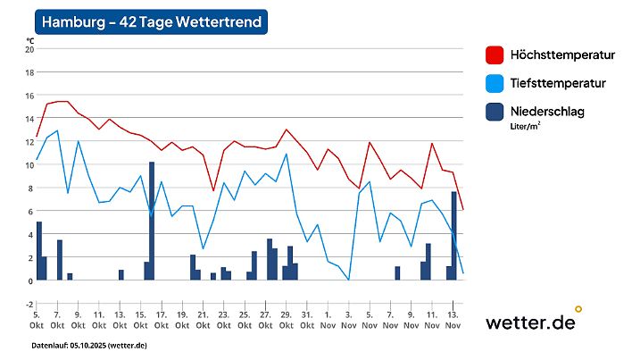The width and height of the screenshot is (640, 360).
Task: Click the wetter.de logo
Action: click(x=530, y=322)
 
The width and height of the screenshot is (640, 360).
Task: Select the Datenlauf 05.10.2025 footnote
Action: click(x=89, y=345)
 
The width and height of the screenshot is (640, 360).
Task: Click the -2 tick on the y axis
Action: click(x=29, y=304)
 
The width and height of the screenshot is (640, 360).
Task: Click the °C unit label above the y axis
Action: click(x=30, y=39)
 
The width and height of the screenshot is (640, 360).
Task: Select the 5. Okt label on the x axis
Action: click(x=36, y=320)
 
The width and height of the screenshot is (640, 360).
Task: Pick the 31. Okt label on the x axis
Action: click(x=306, y=320)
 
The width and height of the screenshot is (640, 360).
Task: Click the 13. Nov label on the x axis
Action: click(x=453, y=320)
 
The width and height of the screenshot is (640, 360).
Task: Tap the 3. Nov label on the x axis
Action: click(x=348, y=320)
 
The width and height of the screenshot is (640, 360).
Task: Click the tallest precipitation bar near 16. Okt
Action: click(x=152, y=221)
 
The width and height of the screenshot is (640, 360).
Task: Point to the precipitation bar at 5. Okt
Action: click(x=38, y=251)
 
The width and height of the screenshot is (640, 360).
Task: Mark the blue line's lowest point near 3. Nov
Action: click(x=348, y=280)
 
